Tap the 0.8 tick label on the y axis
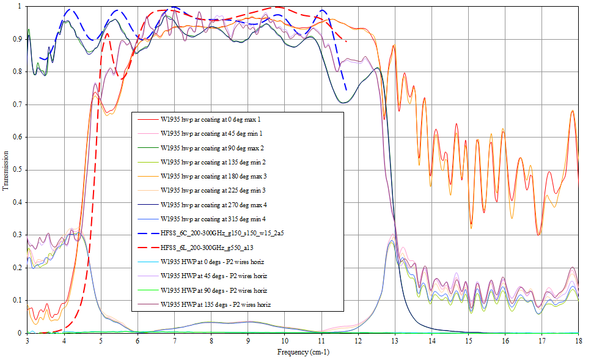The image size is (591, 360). pyautogui.click(x=20, y=72)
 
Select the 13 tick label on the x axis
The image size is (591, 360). pyautogui.click(x=395, y=340)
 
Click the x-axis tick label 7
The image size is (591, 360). pyautogui.click(x=175, y=340)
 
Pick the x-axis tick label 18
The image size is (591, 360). pyautogui.click(x=578, y=340)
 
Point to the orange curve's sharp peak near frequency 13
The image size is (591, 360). pyautogui.click(x=394, y=45)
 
